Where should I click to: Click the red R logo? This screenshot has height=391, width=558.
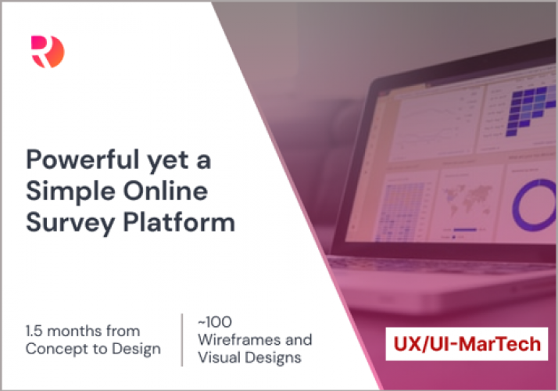coord(48,52)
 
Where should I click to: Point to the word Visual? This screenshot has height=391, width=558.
coord(219,358)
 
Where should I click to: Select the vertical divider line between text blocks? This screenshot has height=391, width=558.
coord(182,339)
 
